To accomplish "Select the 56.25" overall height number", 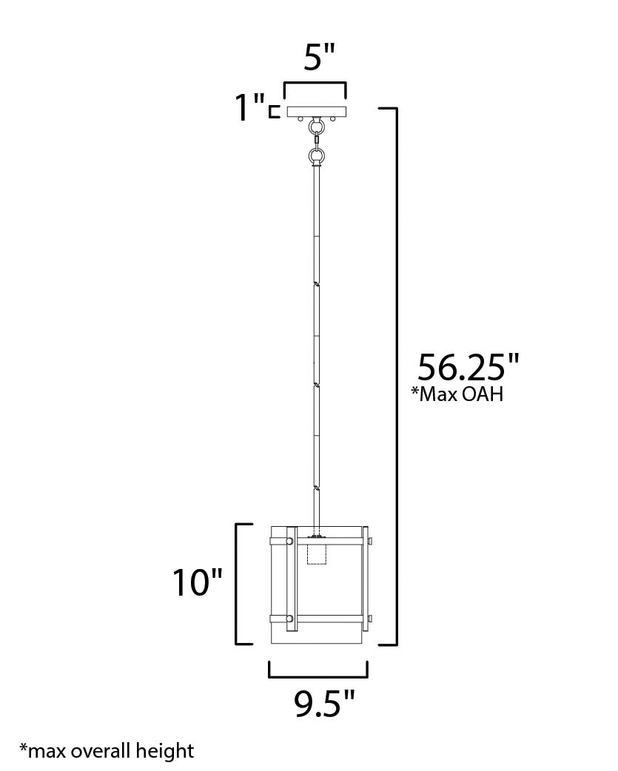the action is pos(468,367).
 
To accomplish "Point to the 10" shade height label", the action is pos(197,582).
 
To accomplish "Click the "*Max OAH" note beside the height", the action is pos(457,394).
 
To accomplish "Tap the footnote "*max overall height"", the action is pos(106,751).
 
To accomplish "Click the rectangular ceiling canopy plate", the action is pos(317,112).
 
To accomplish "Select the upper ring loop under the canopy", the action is pos(316,128).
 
